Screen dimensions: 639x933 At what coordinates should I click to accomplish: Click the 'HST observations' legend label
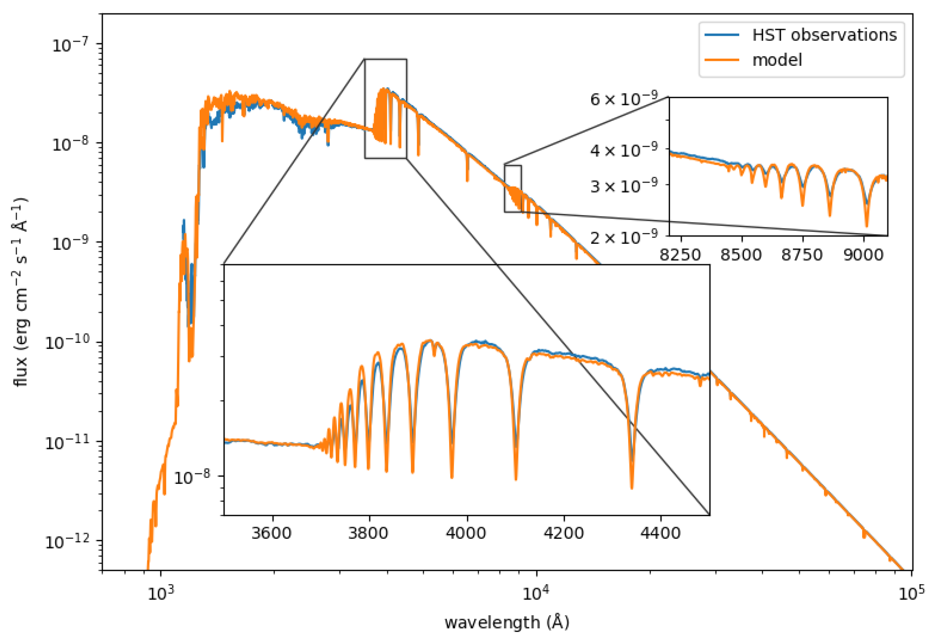pyautogui.click(x=824, y=35)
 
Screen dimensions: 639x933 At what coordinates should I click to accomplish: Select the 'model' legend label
pyautogui.click(x=777, y=60)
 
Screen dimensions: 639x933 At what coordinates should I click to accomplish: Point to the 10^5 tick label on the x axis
pyautogui.click(x=911, y=593)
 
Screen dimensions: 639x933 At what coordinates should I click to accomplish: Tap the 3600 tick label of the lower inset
pyautogui.click(x=272, y=533)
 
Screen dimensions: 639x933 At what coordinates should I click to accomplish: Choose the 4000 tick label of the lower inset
pyautogui.click(x=466, y=533)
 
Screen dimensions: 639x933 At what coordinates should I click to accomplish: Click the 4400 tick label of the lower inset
pyautogui.click(x=660, y=533)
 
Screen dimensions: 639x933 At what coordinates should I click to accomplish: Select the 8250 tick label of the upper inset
pyautogui.click(x=680, y=255)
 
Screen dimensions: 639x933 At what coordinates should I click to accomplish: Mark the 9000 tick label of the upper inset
pyautogui.click(x=863, y=255)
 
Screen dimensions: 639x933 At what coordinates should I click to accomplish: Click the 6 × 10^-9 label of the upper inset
pyautogui.click(x=624, y=98)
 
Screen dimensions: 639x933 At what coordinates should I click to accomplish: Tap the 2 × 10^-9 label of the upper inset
pyautogui.click(x=624, y=237)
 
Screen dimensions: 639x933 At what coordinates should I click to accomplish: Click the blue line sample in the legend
pyautogui.click(x=722, y=35)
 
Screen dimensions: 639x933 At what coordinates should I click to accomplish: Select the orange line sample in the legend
pyautogui.click(x=722, y=60)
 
